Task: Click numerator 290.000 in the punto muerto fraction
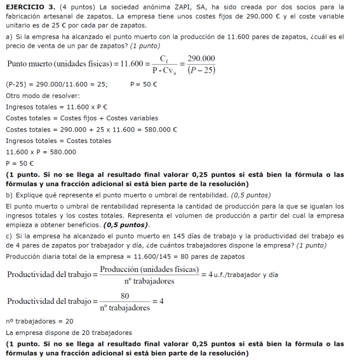pyautogui.click(x=201, y=59)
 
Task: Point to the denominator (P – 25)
pyautogui.click(x=201, y=71)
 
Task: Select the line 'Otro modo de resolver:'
pyautogui.click(x=43, y=95)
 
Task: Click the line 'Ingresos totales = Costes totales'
pyautogui.click(x=58, y=140)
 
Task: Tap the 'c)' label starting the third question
pyautogui.click(x=8, y=236)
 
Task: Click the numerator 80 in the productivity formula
pyautogui.click(x=125, y=296)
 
